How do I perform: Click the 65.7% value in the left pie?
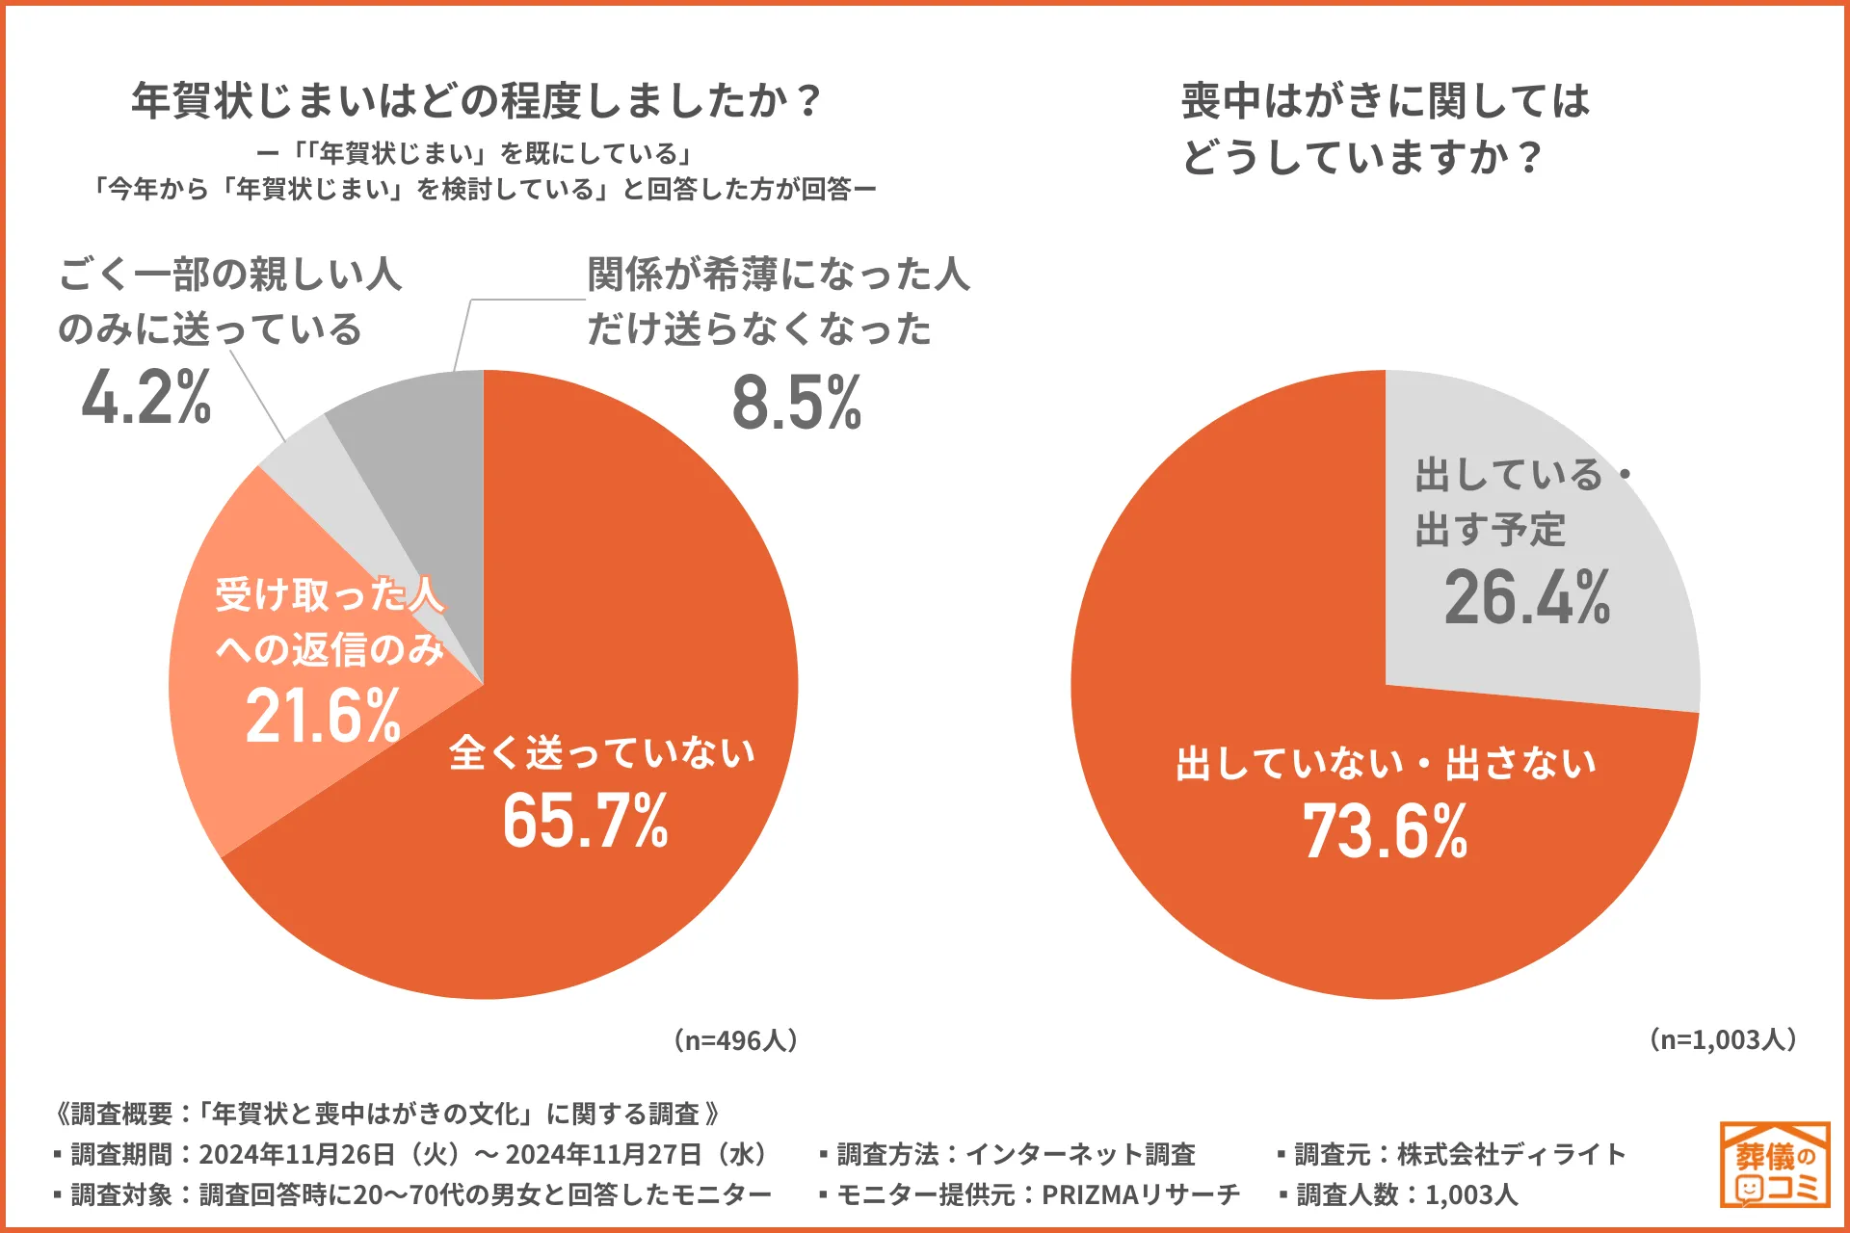pos(585,821)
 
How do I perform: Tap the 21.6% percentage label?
pos(323,716)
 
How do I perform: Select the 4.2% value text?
pos(146,397)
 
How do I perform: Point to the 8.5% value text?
pos(797,403)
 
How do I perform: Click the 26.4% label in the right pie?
pos(1526,597)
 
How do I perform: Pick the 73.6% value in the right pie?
pos(1385,831)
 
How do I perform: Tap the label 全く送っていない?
pos(601,752)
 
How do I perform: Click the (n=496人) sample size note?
pos(736,1040)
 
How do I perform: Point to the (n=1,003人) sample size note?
pos(1723,1039)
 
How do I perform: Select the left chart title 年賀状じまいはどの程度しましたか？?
pos(477,100)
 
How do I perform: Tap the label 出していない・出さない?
pos(1386,764)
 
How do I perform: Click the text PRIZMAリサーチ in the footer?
pos(1141,1194)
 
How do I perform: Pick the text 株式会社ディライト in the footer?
pos(1511,1154)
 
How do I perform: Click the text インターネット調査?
pos(1080,1154)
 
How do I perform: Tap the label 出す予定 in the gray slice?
pos(1490,530)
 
